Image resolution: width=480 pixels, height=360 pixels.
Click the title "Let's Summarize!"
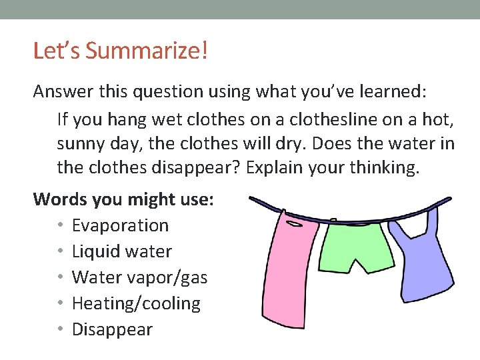tap(121, 51)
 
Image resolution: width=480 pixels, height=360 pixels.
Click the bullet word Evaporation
tap(120, 225)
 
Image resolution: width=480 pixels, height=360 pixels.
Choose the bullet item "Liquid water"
tap(121, 251)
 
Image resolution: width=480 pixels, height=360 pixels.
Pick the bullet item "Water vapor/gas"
tap(139, 277)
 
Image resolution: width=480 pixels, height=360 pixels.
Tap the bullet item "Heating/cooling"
tap(136, 303)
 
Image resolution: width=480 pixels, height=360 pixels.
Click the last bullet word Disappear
tap(112, 329)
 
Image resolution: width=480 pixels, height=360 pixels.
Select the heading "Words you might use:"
tap(123, 199)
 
